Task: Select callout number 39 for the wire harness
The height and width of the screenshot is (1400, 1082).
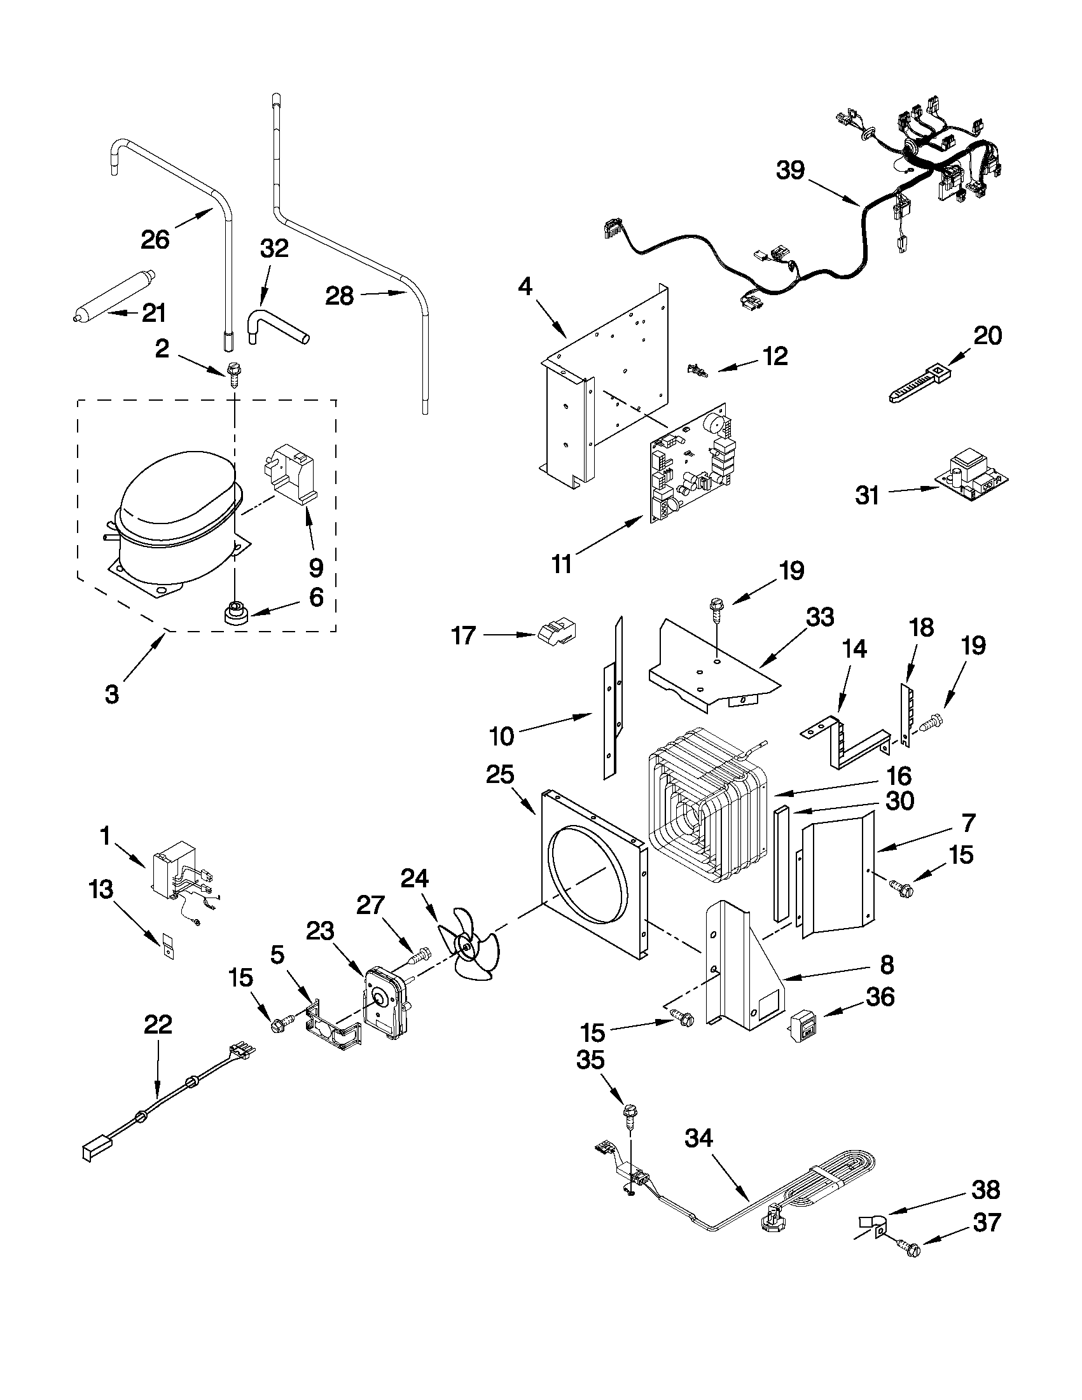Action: (x=790, y=170)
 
